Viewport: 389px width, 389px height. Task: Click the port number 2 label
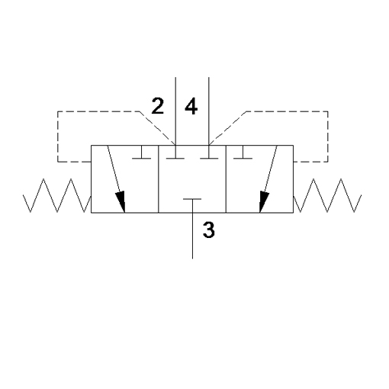coord(158,106)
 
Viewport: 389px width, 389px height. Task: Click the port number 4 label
coord(191,106)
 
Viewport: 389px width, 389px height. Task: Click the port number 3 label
coord(209,230)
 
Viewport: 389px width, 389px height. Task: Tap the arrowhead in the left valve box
coord(121,201)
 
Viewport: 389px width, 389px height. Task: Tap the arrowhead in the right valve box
coord(264,201)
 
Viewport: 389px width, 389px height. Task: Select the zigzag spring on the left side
coord(57,195)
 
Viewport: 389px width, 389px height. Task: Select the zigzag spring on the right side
coord(327,195)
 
